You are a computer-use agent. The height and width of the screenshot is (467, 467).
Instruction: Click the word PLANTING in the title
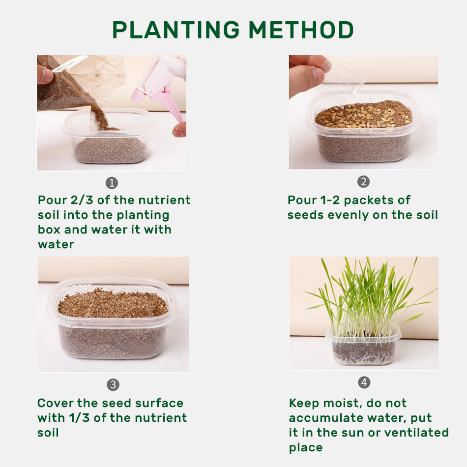176,30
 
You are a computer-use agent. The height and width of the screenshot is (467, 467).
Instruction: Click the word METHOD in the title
301,30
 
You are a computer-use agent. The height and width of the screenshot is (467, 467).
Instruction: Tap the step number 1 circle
112,183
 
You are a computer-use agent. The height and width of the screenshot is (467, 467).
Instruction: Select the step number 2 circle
363,182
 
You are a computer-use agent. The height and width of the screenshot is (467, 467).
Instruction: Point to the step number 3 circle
113,385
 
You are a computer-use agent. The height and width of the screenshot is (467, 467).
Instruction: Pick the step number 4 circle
364,382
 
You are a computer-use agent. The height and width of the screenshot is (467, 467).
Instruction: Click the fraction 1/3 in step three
79,418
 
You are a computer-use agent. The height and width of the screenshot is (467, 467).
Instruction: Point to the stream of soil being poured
100,117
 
